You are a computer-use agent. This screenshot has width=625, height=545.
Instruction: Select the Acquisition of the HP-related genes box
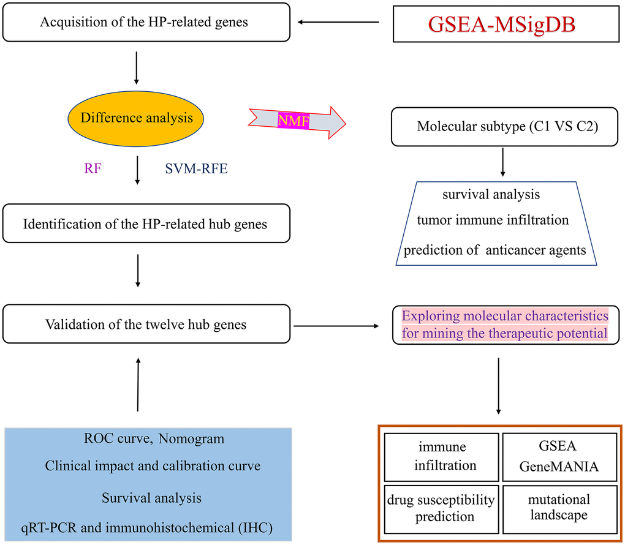(x=145, y=23)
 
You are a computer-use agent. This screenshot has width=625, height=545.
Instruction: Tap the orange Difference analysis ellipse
(x=136, y=118)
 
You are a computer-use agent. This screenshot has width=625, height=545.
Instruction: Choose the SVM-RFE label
(x=196, y=168)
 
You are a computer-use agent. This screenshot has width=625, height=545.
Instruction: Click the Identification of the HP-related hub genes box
(x=145, y=224)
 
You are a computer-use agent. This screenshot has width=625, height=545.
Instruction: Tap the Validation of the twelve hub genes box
(x=145, y=323)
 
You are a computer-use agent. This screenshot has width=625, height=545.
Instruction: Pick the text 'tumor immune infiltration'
(x=501, y=219)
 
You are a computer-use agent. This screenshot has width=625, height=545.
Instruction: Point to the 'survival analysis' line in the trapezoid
(x=491, y=194)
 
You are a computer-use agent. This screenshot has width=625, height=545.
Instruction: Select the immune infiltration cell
(x=440, y=457)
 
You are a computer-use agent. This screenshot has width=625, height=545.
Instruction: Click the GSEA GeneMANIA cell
(x=559, y=457)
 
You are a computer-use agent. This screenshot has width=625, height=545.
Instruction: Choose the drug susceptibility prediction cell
(x=440, y=508)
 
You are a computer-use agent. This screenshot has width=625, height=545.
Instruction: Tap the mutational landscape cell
(x=559, y=508)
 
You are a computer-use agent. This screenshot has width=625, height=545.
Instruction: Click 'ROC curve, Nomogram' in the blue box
(x=154, y=438)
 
